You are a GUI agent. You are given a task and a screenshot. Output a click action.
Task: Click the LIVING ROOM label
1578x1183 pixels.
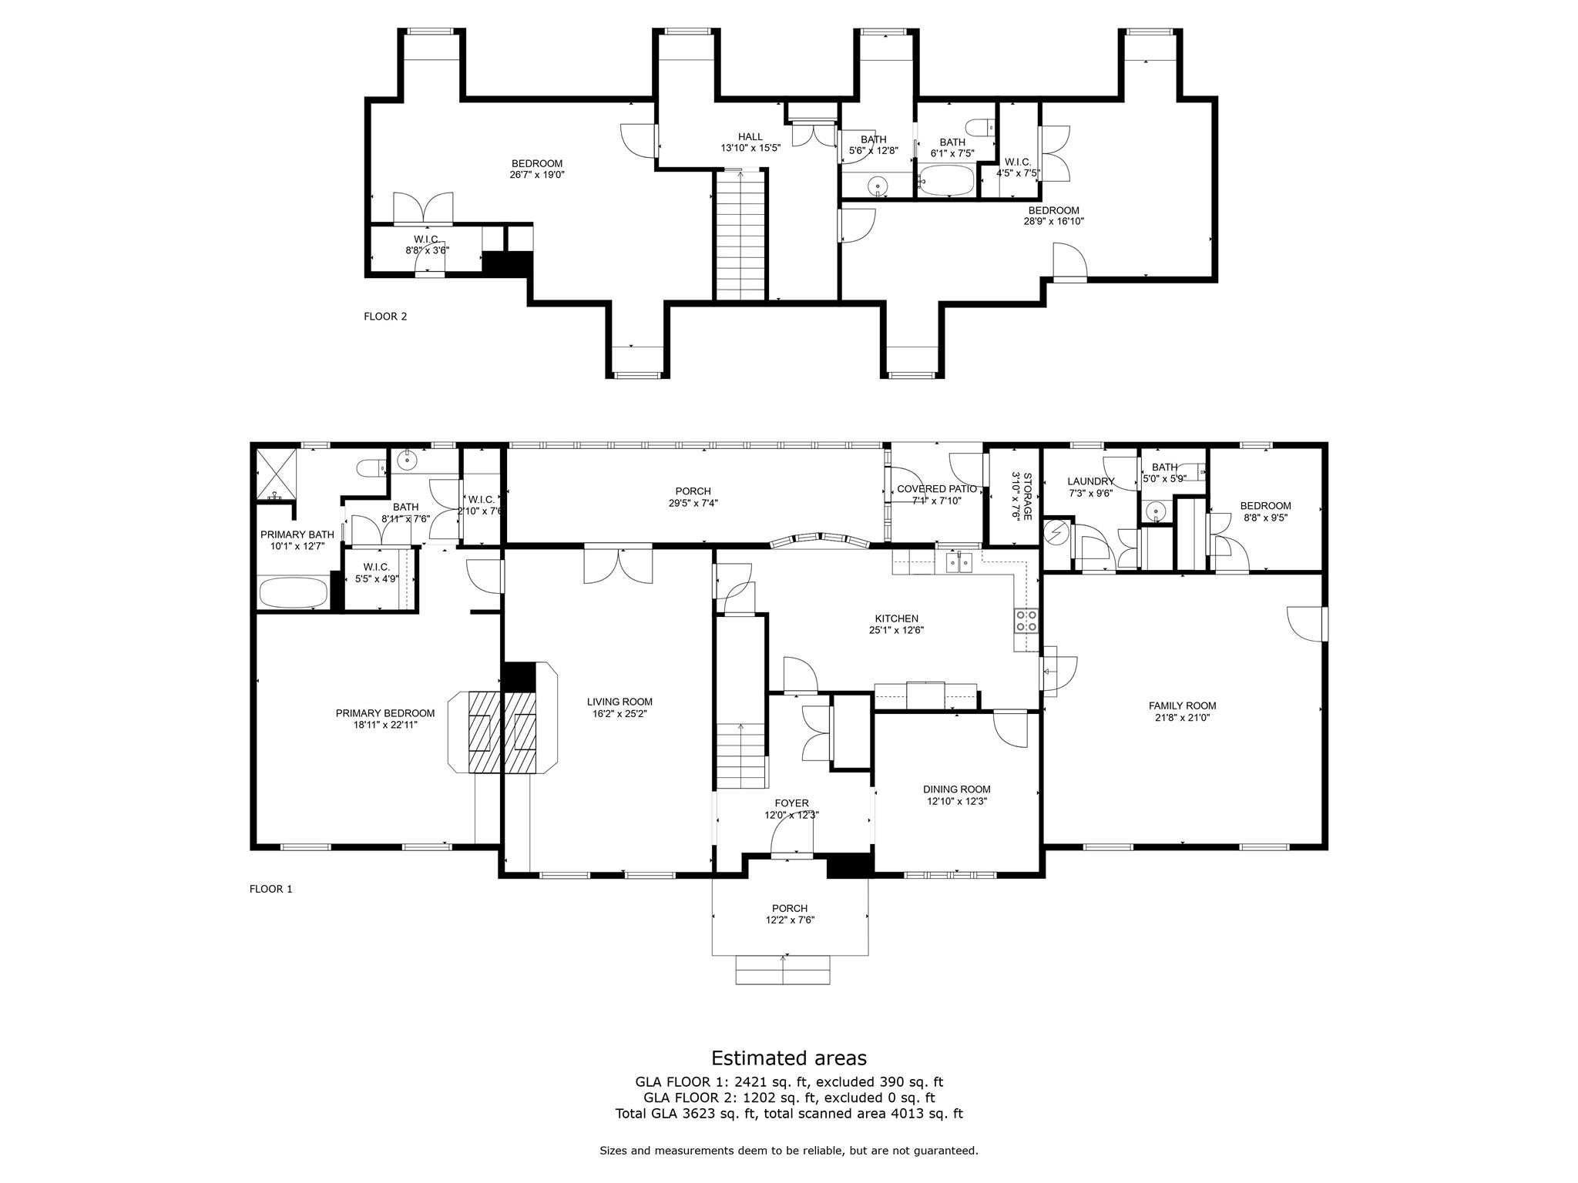click(x=619, y=702)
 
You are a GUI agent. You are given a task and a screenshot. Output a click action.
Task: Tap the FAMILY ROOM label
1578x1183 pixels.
click(x=1182, y=705)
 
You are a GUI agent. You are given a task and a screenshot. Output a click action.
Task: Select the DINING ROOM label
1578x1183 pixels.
click(x=957, y=789)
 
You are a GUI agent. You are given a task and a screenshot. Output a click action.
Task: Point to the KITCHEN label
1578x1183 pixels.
click(x=896, y=618)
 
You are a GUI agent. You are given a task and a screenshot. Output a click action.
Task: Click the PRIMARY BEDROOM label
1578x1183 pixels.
click(x=385, y=713)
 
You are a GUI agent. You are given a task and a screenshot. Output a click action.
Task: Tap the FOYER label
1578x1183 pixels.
click(x=791, y=803)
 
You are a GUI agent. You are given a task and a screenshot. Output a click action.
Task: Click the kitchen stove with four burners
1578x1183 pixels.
click(x=1026, y=620)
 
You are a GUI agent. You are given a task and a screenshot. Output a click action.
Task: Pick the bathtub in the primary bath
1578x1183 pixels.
click(x=294, y=593)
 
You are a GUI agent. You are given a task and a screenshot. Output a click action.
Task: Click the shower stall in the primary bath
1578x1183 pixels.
click(x=276, y=474)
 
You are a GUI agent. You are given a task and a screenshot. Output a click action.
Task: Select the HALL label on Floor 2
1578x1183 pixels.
click(x=750, y=137)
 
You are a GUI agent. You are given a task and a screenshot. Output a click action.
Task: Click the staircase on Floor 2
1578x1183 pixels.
click(x=741, y=234)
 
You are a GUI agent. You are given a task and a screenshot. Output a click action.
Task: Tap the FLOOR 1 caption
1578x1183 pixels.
click(x=270, y=889)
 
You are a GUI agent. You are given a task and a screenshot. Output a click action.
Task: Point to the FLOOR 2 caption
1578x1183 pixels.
click(x=385, y=316)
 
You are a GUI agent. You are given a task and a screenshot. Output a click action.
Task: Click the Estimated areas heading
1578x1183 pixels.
click(x=788, y=1057)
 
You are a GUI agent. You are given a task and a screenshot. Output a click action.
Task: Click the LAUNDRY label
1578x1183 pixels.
click(x=1091, y=481)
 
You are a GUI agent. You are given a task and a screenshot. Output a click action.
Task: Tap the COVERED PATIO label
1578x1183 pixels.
click(x=937, y=489)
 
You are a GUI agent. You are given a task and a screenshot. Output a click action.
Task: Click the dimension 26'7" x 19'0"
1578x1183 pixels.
click(x=537, y=175)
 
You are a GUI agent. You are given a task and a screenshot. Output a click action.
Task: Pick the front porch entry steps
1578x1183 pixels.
click(x=784, y=970)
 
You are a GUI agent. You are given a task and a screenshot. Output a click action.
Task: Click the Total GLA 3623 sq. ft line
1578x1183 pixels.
click(x=789, y=1114)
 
